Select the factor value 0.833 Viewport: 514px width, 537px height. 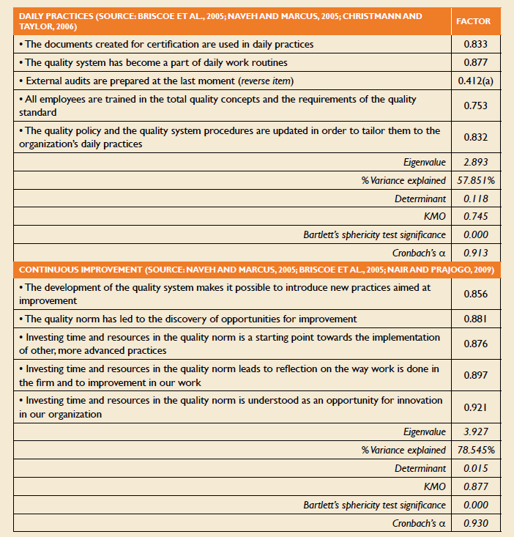476,44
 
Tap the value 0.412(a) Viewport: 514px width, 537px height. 476,80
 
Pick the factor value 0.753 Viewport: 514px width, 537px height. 476,105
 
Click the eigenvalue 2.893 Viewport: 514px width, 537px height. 476,162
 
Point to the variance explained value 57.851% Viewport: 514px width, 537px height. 476,180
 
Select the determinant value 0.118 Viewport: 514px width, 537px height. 476,199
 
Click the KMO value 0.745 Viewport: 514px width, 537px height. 476,217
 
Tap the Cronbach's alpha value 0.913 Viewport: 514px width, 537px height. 476,253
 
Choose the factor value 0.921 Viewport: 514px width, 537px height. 476,407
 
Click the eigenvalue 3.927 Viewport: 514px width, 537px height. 476,432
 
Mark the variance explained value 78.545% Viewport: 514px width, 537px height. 476,450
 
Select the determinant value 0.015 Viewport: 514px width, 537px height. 476,468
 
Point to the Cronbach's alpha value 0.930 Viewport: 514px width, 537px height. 476,523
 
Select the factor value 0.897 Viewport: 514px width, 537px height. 476,375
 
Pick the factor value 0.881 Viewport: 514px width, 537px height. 476,319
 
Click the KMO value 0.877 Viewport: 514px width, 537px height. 476,486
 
